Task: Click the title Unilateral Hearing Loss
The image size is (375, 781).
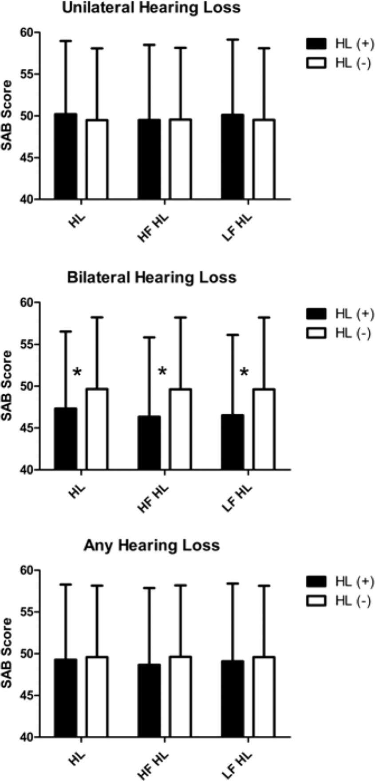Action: coord(151,8)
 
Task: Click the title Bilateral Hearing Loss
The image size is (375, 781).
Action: coord(151,278)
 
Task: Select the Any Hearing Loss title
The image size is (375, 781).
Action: coord(151,545)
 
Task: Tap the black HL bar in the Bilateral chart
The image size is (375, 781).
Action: coord(66,439)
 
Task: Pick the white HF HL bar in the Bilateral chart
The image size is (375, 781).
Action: coord(180,429)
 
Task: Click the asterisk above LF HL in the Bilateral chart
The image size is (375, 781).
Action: coord(244,372)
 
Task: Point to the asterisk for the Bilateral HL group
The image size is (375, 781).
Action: coord(77,372)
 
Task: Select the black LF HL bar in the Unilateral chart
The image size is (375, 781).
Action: coord(233,157)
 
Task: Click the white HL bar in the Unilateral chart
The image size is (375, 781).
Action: coord(97,159)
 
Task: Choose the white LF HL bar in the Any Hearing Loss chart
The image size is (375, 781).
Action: coord(264,697)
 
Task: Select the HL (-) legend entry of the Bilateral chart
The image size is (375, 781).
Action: coord(340,333)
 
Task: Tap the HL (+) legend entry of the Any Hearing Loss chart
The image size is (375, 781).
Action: coord(340,581)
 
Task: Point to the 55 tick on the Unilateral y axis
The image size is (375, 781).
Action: coord(28,74)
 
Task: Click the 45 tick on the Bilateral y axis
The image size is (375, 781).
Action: coord(28,428)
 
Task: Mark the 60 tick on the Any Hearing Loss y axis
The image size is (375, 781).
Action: coord(28,570)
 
